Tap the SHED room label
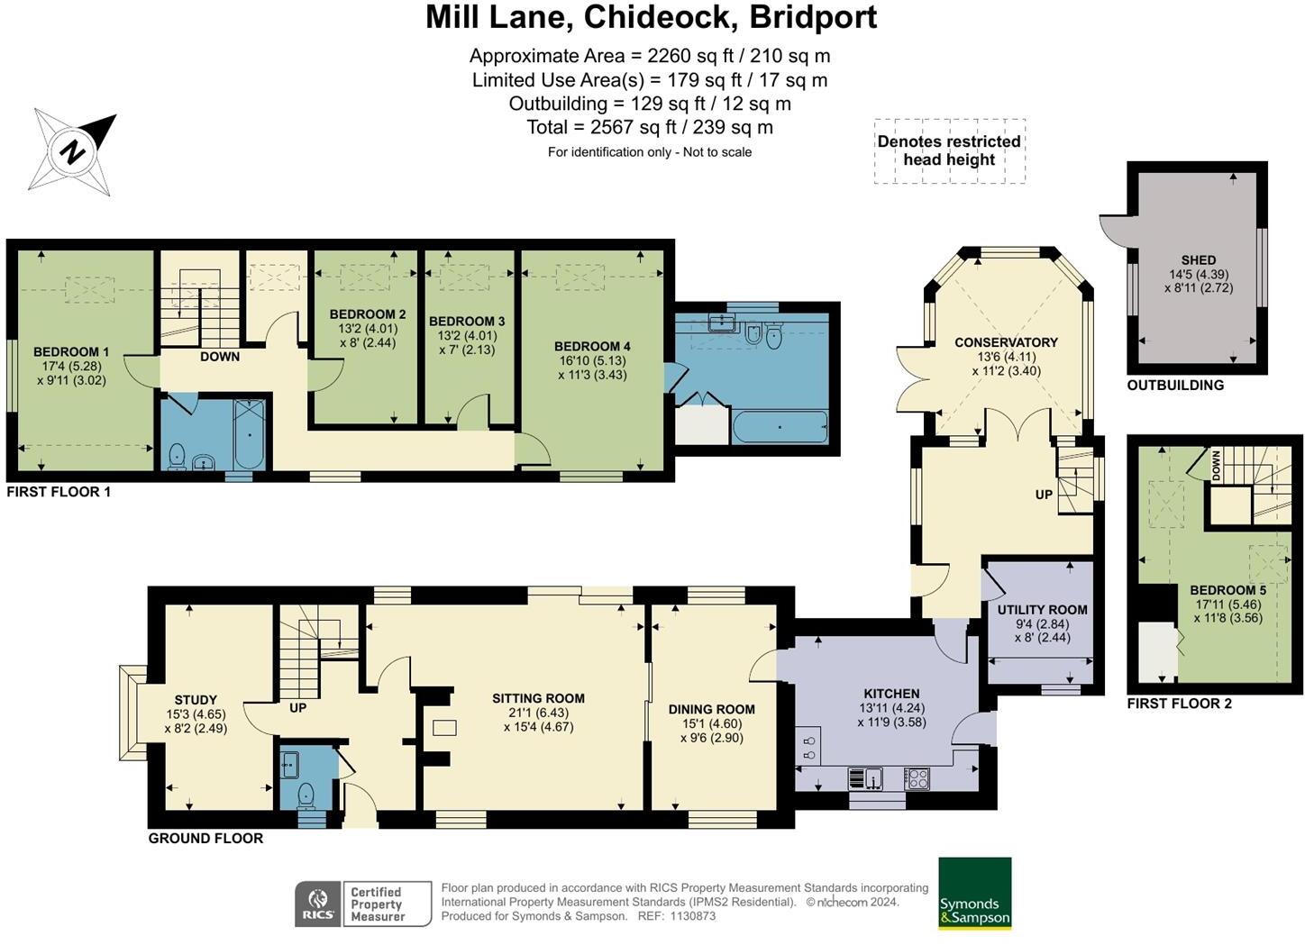pos(1199,259)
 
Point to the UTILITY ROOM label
pos(1042,610)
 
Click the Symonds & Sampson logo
pos(975,893)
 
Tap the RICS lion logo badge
pos(318,904)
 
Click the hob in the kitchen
pos(917,778)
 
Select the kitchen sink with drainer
pos(866,778)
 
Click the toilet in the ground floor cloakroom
pos(306,796)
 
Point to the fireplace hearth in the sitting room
pos(444,728)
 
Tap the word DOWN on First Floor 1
pos(220,357)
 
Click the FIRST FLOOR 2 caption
pos(1179,704)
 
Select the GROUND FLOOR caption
pos(205,838)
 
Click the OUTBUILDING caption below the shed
pos(1175,385)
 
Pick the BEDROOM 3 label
pos(467,321)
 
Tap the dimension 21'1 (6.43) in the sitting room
pos(538,713)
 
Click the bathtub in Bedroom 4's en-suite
pos(780,427)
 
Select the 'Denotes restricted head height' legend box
pos(950,150)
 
